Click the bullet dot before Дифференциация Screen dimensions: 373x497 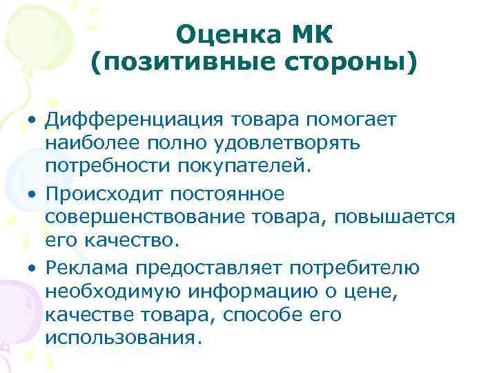(32, 122)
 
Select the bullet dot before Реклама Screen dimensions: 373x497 (32, 268)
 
